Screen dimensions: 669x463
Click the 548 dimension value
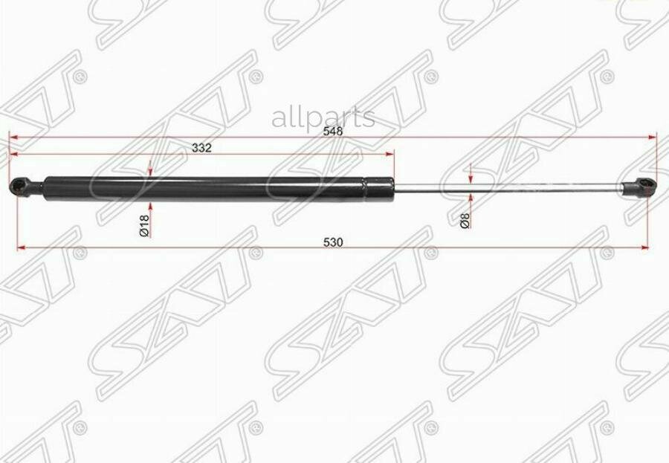333,131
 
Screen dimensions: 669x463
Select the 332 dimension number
201,148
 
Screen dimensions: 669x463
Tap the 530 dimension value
333,242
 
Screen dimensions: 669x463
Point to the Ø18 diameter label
144,226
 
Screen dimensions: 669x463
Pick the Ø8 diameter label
465,221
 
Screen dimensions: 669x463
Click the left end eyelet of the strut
18,187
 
